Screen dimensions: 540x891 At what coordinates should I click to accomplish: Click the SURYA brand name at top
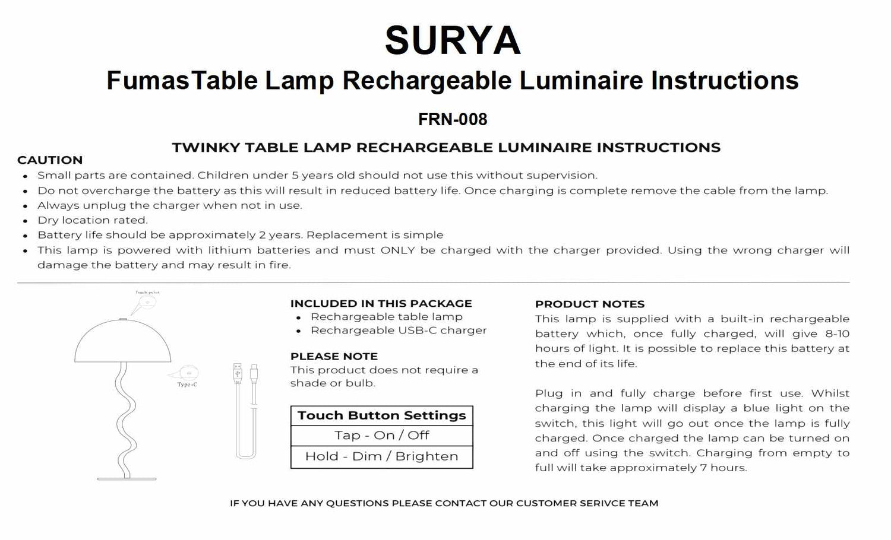pyautogui.click(x=453, y=41)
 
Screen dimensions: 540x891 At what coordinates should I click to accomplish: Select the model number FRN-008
pyautogui.click(x=453, y=119)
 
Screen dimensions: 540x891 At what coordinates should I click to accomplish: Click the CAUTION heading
pyautogui.click(x=50, y=160)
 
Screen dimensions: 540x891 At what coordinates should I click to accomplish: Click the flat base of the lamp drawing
pyautogui.click(x=127, y=478)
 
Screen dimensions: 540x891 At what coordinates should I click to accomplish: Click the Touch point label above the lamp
pyautogui.click(x=147, y=293)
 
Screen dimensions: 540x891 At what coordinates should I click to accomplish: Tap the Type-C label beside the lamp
pyautogui.click(x=187, y=385)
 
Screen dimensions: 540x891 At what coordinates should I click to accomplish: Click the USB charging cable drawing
pyautogui.click(x=245, y=409)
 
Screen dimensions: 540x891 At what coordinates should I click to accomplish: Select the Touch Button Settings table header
pyautogui.click(x=381, y=415)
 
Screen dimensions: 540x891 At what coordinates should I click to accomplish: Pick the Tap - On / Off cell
pyautogui.click(x=381, y=436)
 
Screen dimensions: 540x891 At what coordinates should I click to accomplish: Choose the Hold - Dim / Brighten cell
pyautogui.click(x=381, y=456)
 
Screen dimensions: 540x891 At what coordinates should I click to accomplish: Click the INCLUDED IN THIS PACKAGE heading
pyautogui.click(x=381, y=303)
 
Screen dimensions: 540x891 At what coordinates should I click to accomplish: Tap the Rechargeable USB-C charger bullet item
pyautogui.click(x=399, y=331)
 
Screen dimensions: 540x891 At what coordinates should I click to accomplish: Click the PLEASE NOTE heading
pyautogui.click(x=334, y=356)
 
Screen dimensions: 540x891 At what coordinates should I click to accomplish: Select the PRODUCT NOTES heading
pyautogui.click(x=589, y=304)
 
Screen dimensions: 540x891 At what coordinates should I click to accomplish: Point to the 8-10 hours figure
pyautogui.click(x=837, y=334)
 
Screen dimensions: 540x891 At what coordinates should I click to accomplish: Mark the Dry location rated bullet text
pyautogui.click(x=92, y=220)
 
